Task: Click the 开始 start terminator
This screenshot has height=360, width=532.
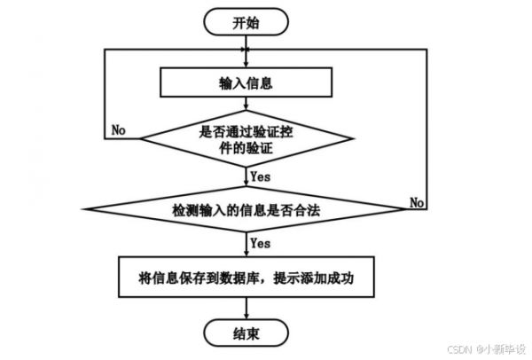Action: click(x=246, y=23)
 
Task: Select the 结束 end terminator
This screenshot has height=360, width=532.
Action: click(x=246, y=334)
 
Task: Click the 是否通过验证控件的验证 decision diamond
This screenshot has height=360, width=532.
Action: click(x=246, y=140)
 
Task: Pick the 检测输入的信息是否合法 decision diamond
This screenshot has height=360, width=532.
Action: click(x=246, y=213)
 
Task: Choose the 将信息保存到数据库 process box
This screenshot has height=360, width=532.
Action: click(x=246, y=278)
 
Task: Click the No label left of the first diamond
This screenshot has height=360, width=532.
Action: click(x=118, y=130)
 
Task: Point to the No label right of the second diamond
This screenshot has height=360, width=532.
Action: click(x=417, y=203)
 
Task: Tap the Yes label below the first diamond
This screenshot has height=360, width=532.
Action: click(x=260, y=176)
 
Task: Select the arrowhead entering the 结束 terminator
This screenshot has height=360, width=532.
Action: click(x=246, y=317)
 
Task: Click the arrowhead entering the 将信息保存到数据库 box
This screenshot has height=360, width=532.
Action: click(x=246, y=254)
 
